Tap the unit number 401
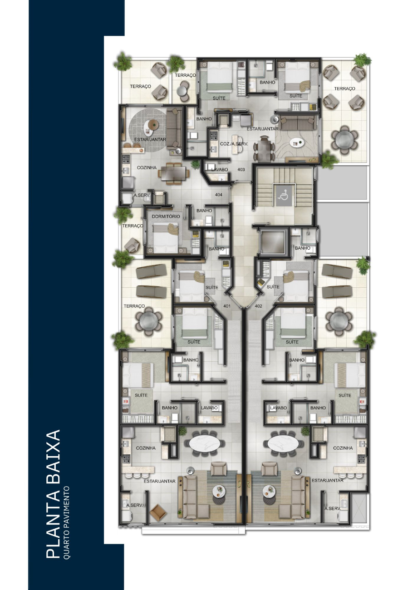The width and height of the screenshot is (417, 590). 227,306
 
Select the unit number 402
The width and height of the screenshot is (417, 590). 259,306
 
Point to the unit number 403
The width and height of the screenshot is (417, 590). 241,169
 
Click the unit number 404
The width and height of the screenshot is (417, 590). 219,195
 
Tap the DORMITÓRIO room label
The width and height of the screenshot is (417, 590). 166,216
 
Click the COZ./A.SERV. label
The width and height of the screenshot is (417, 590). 234,144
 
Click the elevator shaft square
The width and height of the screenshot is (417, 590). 273,242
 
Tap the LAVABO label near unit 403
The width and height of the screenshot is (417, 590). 220,170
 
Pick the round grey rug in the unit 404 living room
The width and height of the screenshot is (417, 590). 149,130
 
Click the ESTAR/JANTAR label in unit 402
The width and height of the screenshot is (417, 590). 328,480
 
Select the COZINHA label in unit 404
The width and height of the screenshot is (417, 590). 147,167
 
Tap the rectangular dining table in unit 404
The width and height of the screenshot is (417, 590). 173,173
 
